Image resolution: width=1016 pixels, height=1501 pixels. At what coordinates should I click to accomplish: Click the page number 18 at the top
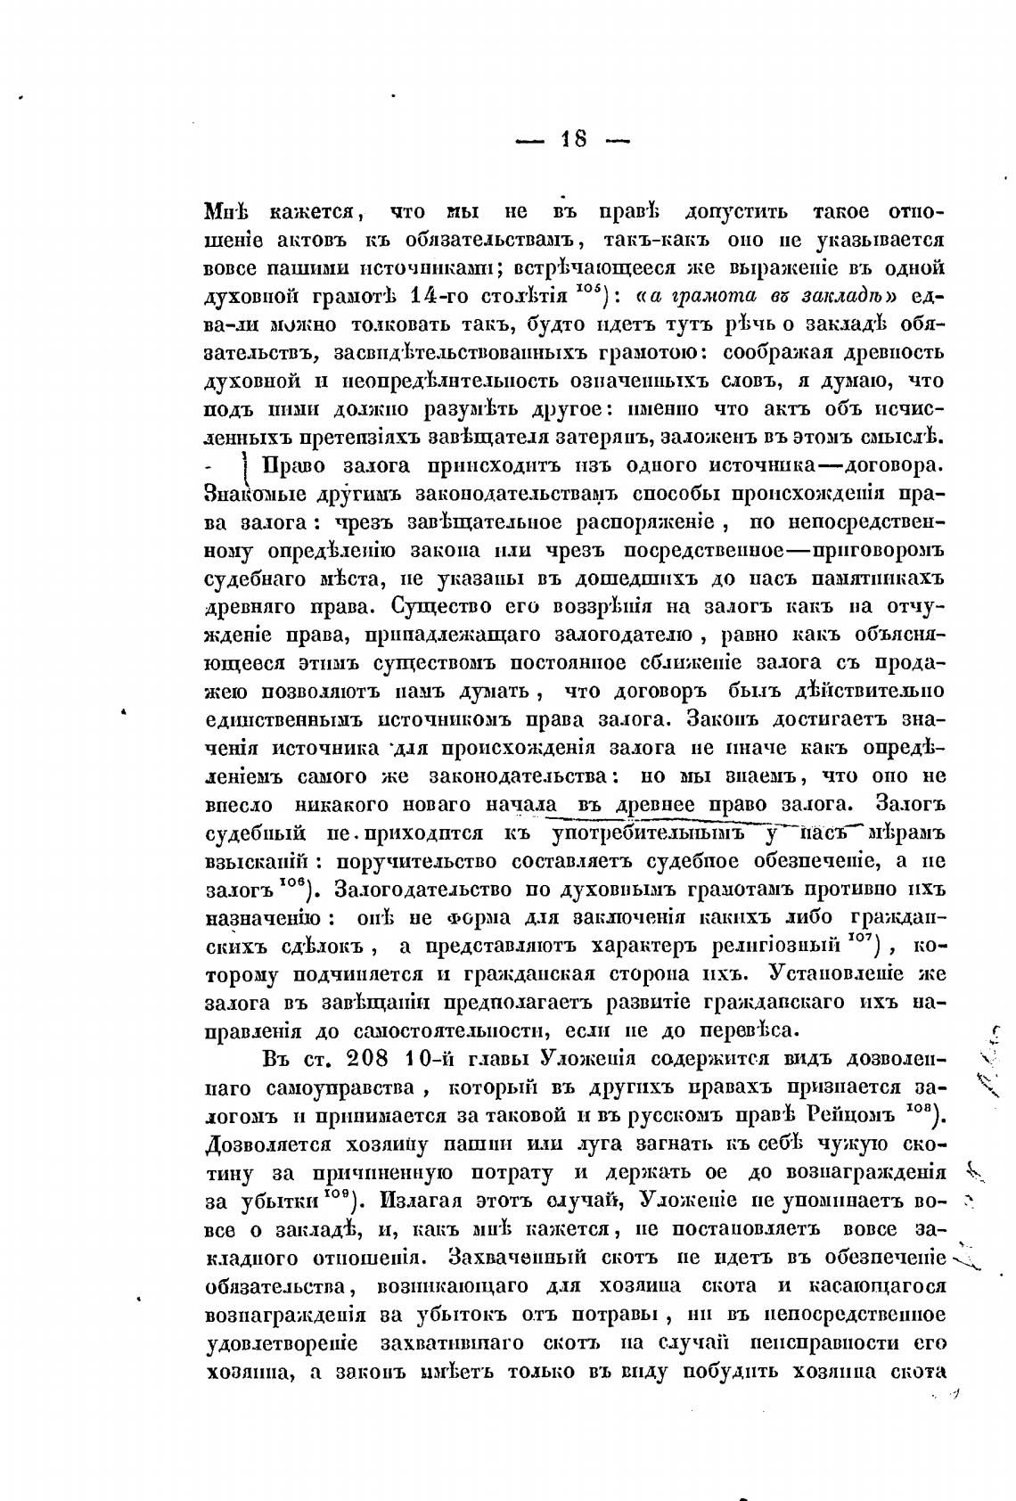pos(573,139)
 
